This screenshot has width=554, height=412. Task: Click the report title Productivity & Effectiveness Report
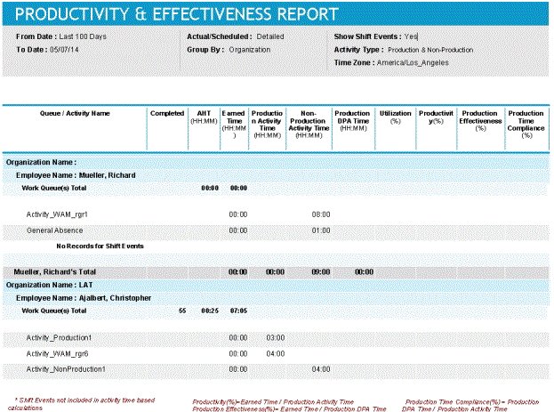click(x=177, y=14)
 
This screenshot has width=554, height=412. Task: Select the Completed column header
click(x=167, y=114)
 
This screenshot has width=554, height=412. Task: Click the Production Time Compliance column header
click(x=526, y=123)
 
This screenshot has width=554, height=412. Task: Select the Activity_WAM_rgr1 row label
click(x=57, y=214)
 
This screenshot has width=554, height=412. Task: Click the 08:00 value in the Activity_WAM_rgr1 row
click(x=321, y=214)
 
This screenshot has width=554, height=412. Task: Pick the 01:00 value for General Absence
click(x=321, y=230)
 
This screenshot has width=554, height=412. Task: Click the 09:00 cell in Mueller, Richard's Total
click(x=321, y=271)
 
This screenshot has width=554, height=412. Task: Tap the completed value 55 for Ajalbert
click(x=182, y=311)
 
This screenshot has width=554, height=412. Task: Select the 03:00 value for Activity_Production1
click(x=276, y=338)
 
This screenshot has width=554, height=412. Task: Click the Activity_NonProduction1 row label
click(x=66, y=368)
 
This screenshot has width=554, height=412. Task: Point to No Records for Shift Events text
click(x=100, y=246)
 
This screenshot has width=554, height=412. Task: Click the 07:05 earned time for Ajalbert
click(x=237, y=311)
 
